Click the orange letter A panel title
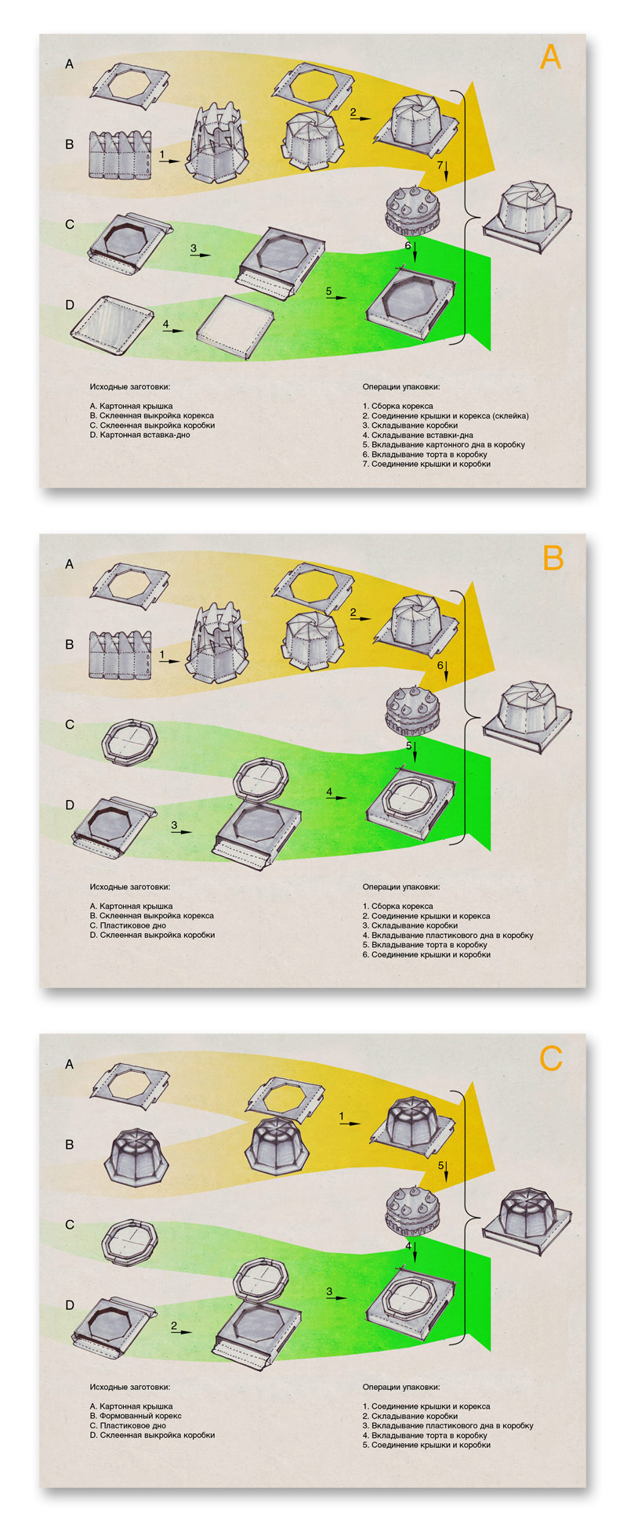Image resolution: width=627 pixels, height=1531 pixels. [x=551, y=57]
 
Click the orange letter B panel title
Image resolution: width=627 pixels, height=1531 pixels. [x=553, y=558]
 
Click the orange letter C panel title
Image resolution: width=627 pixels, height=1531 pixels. [x=551, y=1059]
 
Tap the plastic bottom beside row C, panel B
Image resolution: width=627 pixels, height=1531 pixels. [x=130, y=740]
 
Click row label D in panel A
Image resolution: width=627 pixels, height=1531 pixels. [x=70, y=305]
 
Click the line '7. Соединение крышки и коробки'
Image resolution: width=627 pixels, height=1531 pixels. [x=426, y=464]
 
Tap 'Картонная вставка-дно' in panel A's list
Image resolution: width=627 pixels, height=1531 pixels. [x=145, y=435]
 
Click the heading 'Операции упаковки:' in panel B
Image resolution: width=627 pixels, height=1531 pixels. [x=401, y=888]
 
